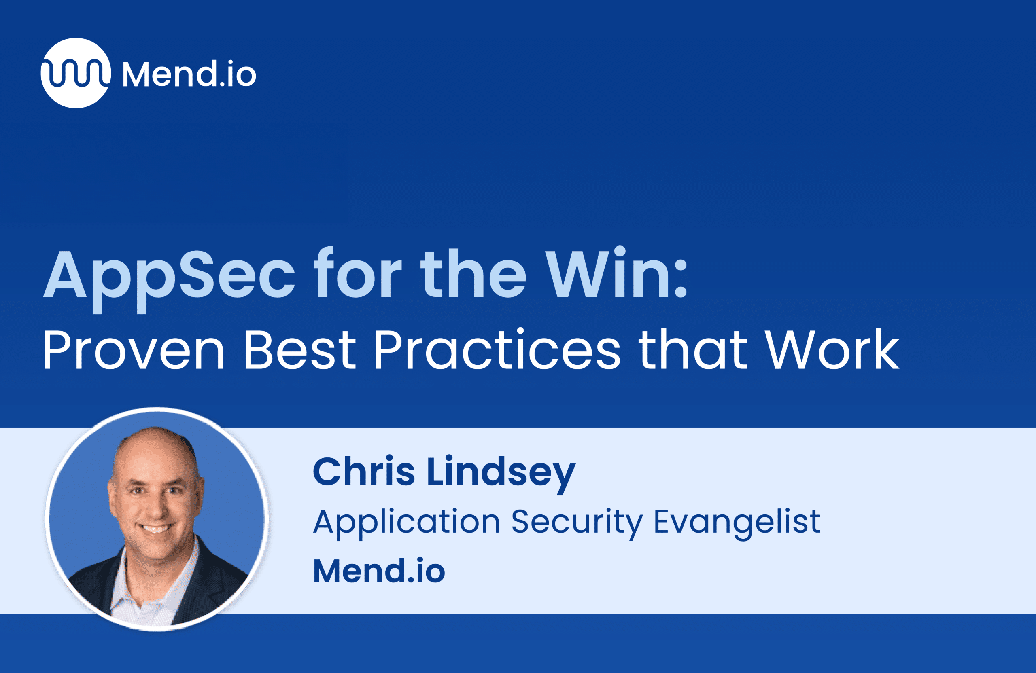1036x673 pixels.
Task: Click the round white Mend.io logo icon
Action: (76, 73)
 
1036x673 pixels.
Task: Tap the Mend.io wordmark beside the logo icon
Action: (189, 74)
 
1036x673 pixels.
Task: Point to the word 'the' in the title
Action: (473, 273)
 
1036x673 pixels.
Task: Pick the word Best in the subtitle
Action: (300, 349)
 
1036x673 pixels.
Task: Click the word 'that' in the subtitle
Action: (692, 349)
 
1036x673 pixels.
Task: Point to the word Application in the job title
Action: (407, 523)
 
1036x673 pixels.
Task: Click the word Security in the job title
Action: (577, 523)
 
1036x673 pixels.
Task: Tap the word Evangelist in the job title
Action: (737, 523)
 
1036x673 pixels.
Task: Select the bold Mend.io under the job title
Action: (379, 571)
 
